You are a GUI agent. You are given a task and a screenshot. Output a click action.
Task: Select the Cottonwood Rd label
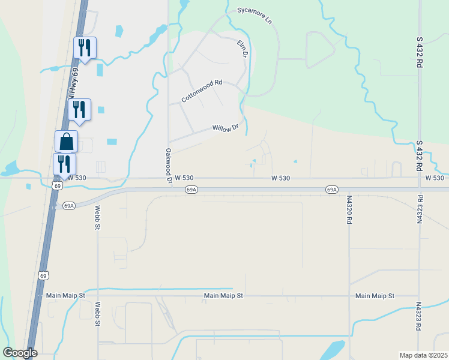click(x=202, y=91)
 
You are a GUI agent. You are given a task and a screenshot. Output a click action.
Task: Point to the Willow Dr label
click(x=226, y=128)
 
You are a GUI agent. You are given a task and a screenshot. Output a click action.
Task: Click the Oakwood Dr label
click(x=169, y=166)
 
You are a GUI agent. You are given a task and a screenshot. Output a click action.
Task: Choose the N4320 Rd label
click(x=349, y=209)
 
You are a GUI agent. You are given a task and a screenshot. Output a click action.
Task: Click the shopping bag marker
click(x=66, y=142)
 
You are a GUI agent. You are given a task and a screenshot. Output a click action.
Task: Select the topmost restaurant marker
click(x=85, y=47)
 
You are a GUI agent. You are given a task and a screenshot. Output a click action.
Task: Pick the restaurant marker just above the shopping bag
click(x=79, y=109)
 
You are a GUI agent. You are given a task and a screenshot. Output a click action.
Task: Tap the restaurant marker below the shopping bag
click(x=64, y=163)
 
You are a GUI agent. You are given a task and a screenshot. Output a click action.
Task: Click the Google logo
click(x=20, y=353)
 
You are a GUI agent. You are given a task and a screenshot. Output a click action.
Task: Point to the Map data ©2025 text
click(x=423, y=355)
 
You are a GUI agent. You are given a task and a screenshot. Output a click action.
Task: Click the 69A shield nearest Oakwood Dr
click(x=191, y=190)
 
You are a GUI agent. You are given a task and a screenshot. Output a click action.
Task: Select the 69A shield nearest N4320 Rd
click(x=331, y=190)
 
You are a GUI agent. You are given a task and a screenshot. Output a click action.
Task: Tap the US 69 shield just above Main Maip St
click(x=43, y=275)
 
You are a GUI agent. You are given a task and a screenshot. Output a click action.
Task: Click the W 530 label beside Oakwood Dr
click(x=184, y=178)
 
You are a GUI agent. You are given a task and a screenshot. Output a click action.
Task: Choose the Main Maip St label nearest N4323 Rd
click(x=375, y=296)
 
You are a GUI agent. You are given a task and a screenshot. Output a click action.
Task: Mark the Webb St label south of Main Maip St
click(x=97, y=313)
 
